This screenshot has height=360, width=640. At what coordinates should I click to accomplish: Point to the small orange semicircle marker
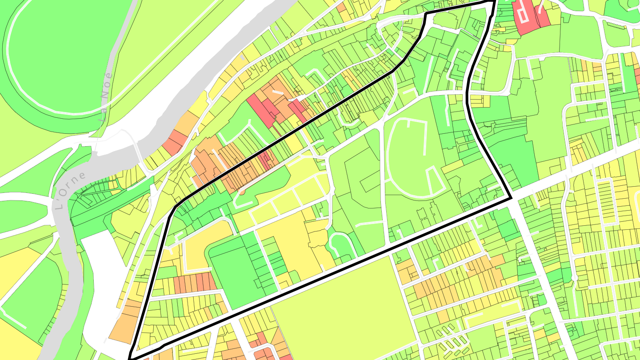point(241,192)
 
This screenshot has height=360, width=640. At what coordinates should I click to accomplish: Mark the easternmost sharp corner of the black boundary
point(511,198)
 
